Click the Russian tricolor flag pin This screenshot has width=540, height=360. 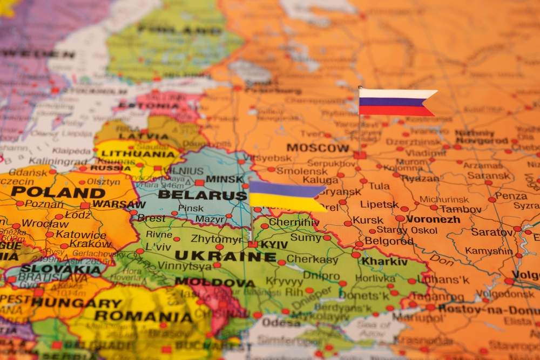coord(397,103)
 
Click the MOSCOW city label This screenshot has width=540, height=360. coord(318,148)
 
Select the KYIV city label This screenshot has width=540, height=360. coord(274,244)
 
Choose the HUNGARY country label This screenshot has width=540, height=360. coord(76,303)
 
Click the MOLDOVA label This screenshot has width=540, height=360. coord(214,282)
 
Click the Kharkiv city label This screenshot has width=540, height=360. coord(384,262)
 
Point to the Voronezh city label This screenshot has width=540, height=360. coord(433,219)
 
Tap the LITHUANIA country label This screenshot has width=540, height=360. coord(138,153)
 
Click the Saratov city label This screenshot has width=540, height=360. coord(491,232)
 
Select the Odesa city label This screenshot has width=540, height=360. coord(281,322)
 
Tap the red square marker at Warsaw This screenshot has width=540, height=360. coord(85,206)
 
